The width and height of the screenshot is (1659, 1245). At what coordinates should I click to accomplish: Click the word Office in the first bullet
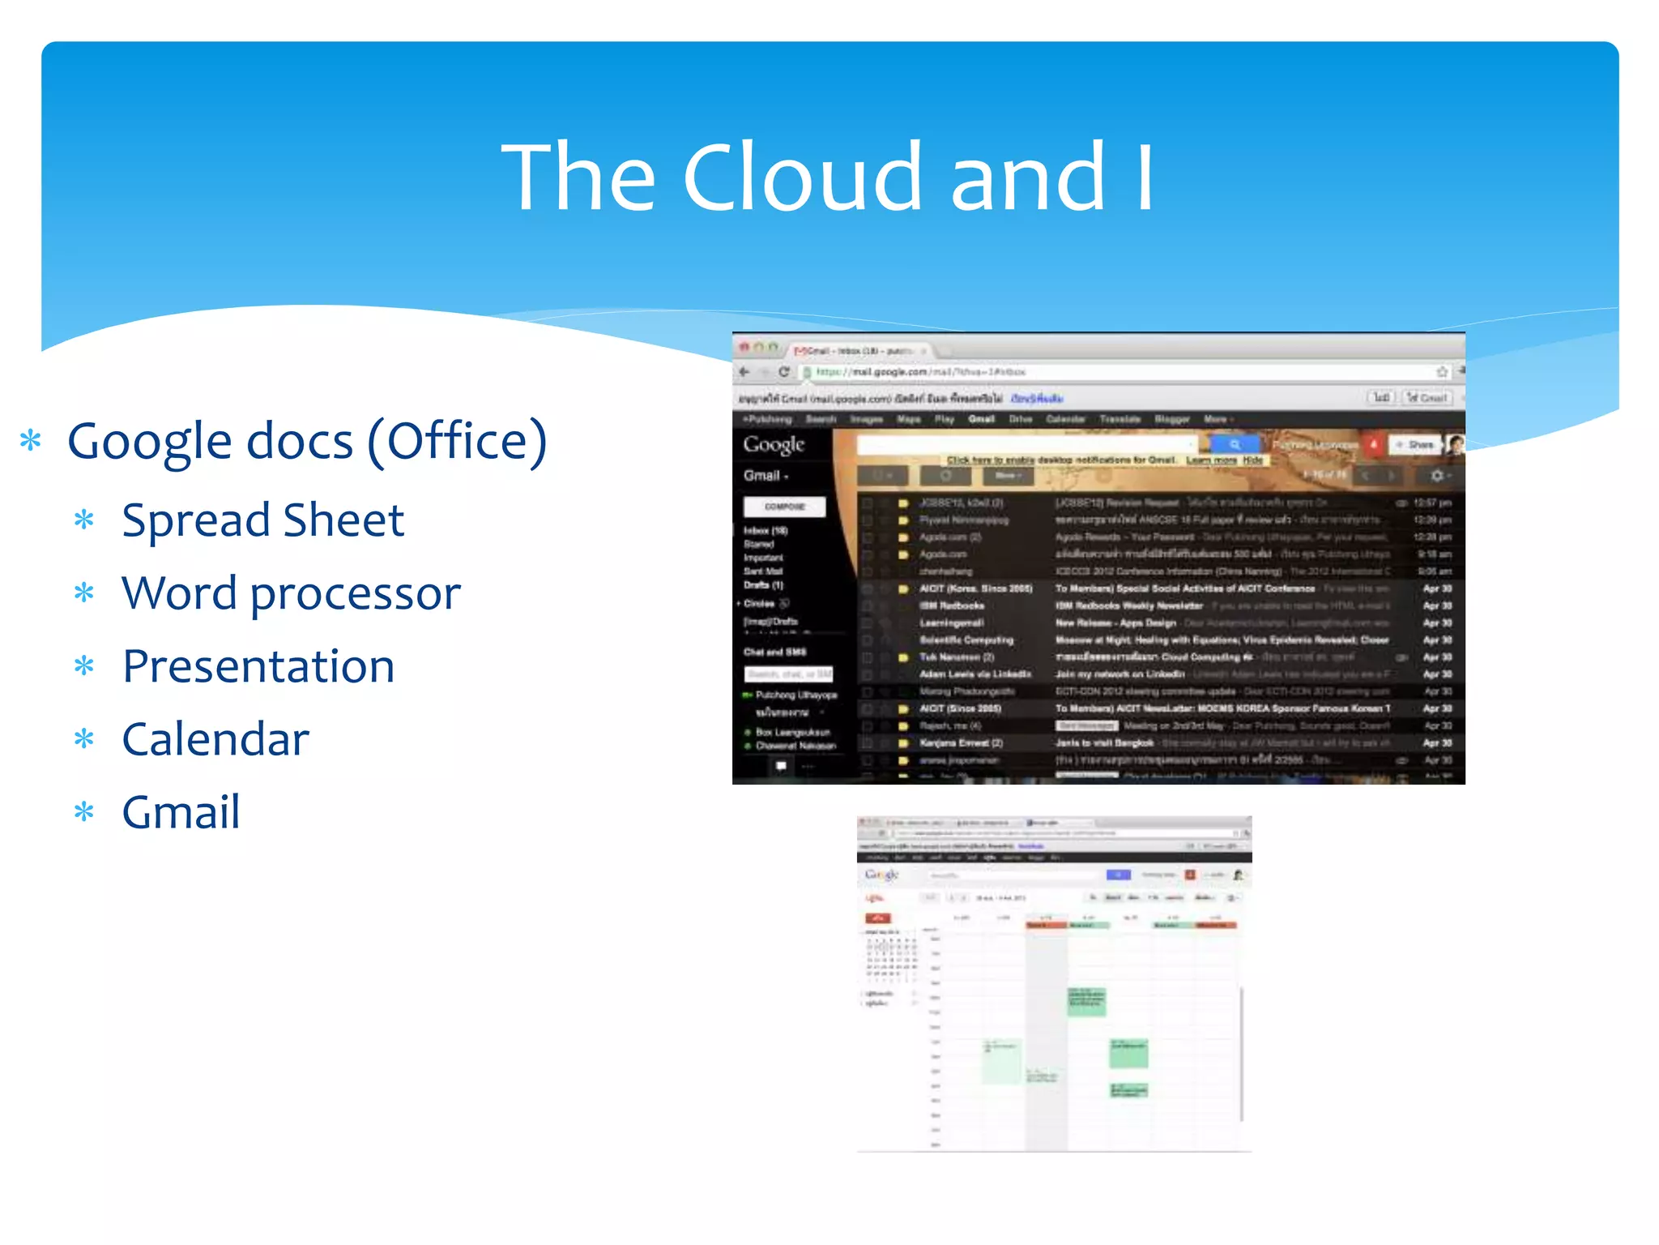pyautogui.click(x=458, y=442)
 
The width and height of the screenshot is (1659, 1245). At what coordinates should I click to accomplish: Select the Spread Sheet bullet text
pyautogui.click(x=262, y=520)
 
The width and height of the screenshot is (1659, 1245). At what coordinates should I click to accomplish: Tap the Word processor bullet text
pyautogui.click(x=291, y=593)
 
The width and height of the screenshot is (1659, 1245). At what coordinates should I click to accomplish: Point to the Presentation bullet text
pyautogui.click(x=258, y=666)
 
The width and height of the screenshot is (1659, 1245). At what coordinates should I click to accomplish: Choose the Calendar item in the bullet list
pyautogui.click(x=215, y=739)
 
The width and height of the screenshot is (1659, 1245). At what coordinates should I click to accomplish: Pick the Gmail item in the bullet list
pyautogui.click(x=181, y=812)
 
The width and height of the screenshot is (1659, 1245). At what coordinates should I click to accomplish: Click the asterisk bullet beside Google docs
pyautogui.click(x=31, y=442)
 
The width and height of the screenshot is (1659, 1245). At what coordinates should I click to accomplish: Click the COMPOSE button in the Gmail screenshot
pyautogui.click(x=784, y=507)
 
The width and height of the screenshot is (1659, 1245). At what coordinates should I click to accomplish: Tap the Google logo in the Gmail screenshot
pyautogui.click(x=774, y=444)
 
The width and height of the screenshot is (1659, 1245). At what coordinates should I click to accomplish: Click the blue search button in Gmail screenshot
pyautogui.click(x=1235, y=444)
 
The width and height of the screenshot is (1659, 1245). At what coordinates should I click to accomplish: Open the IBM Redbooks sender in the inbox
pyautogui.click(x=952, y=605)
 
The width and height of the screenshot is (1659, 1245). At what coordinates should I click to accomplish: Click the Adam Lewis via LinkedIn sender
pyautogui.click(x=975, y=674)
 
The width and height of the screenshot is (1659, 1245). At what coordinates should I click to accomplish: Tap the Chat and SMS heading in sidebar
pyautogui.click(x=774, y=652)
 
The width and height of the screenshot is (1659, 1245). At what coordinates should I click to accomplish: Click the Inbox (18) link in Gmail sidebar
pyautogui.click(x=766, y=531)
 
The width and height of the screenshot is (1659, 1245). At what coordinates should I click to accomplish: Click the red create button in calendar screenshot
pyautogui.click(x=877, y=918)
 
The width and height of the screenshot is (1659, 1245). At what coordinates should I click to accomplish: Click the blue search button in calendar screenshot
pyautogui.click(x=1118, y=875)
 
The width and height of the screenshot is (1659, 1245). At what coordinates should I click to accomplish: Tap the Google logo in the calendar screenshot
pyautogui.click(x=881, y=875)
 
